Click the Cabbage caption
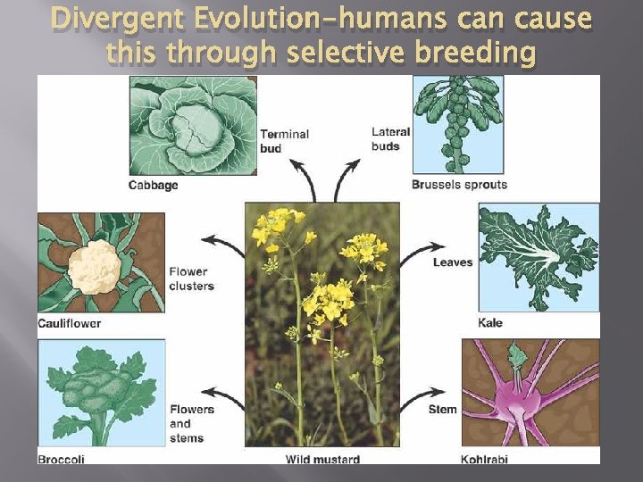(x=153, y=186)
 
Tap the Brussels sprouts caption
(x=458, y=185)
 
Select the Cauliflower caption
(x=69, y=323)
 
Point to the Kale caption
(x=490, y=322)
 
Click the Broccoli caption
(x=61, y=460)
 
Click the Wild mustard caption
(x=322, y=460)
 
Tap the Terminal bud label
(x=284, y=141)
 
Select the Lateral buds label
(x=390, y=138)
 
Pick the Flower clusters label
(x=191, y=278)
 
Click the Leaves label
(x=453, y=262)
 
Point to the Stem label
(x=443, y=410)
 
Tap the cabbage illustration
(x=193, y=125)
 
